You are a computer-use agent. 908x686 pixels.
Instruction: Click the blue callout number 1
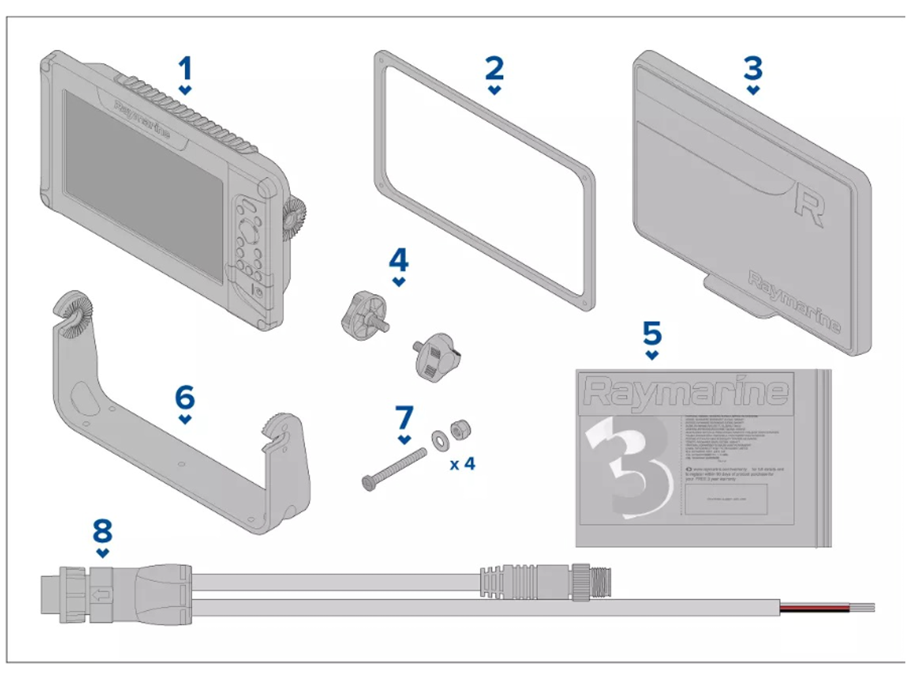tap(185, 69)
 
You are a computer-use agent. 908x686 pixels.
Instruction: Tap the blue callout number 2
tap(494, 68)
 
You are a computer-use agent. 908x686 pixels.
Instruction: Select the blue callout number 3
tap(753, 68)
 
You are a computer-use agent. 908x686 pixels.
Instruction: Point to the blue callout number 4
tap(399, 260)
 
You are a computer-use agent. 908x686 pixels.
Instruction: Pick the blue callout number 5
tap(652, 333)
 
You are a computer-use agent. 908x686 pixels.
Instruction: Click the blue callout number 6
tap(185, 397)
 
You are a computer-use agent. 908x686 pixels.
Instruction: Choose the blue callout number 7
tap(405, 418)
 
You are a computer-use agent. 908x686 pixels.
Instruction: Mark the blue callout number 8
tap(102, 531)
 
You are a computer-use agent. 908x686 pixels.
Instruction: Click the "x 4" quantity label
tap(462, 464)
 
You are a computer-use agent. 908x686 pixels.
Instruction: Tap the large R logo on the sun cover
tap(809, 205)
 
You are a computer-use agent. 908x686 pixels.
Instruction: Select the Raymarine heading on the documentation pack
tap(686, 392)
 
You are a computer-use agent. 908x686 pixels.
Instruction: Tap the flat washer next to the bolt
tap(439, 438)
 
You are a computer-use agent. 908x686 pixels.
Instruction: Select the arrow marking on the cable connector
tap(101, 595)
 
